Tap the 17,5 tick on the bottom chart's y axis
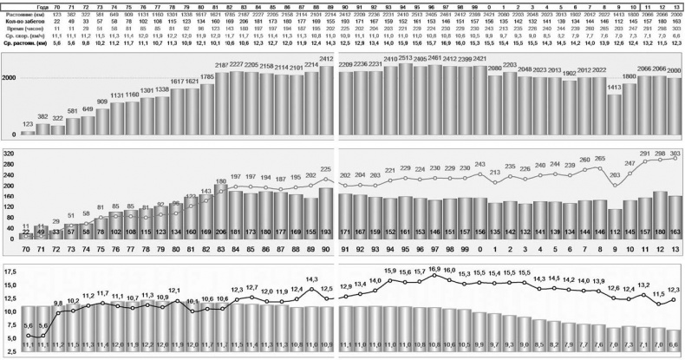click(x=9, y=272)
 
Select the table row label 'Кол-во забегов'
click(x=22, y=19)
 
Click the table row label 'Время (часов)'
click(x=22, y=27)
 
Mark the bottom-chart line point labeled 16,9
click(x=434, y=278)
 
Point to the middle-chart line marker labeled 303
click(x=674, y=159)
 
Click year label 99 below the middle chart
click(x=464, y=249)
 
